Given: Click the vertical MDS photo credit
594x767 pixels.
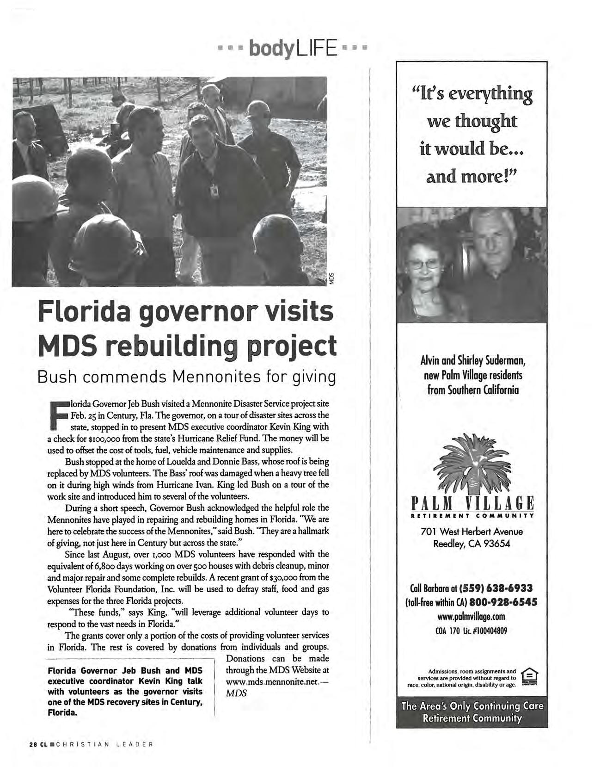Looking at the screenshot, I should [331, 279].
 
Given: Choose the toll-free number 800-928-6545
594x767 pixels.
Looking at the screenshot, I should [502, 603].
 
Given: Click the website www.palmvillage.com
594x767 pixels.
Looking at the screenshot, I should [471, 617].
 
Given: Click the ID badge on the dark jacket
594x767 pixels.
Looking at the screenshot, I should [214, 190].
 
